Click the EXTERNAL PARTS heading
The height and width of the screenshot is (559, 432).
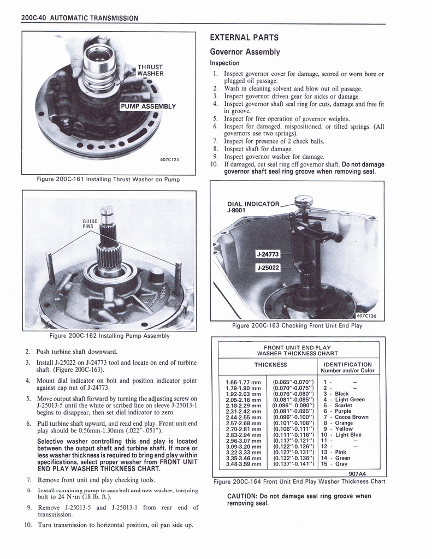tap(244, 38)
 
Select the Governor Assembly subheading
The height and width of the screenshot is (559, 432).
tap(245, 52)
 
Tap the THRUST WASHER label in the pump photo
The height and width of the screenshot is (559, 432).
tap(150, 70)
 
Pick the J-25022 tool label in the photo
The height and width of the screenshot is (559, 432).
tap(268, 267)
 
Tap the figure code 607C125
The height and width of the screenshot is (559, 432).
tap(170, 160)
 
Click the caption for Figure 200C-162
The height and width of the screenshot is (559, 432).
tap(109, 335)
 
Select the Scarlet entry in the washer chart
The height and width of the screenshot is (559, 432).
tap(344, 405)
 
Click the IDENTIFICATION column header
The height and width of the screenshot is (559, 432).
tap(347, 364)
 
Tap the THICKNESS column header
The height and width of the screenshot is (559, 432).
tap(270, 365)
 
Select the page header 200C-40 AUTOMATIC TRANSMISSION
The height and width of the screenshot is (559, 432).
tap(79, 18)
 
